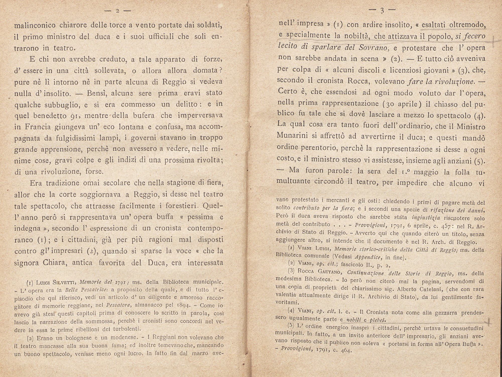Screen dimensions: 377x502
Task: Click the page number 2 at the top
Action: click(x=117, y=11)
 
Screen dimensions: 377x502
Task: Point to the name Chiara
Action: click(x=56, y=263)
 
